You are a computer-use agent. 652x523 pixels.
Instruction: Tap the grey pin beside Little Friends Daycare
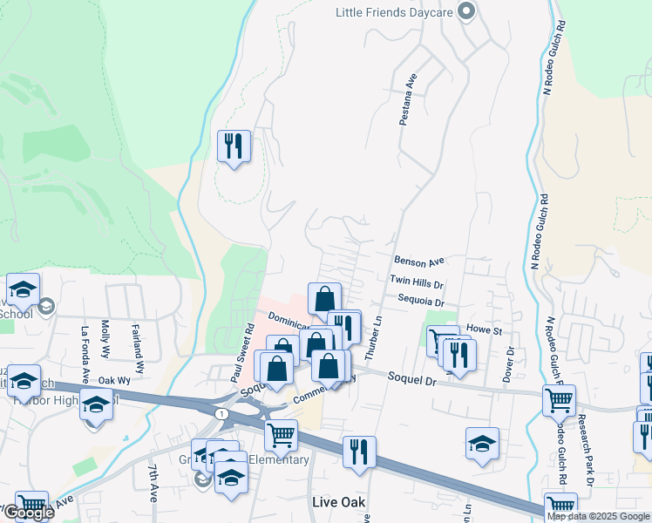(466, 11)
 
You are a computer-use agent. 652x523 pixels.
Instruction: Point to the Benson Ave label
(419, 261)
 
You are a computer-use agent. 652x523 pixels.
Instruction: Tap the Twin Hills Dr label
(417, 283)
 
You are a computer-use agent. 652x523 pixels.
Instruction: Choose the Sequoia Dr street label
(416, 299)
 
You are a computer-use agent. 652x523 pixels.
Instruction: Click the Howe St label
(486, 331)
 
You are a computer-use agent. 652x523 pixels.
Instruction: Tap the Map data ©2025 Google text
(598, 516)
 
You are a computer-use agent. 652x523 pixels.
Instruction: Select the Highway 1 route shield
(224, 412)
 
